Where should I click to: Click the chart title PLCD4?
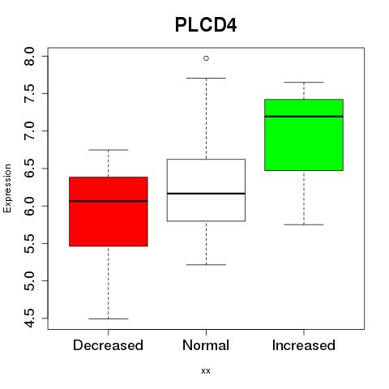[206, 25]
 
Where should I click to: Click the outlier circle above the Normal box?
[206, 58]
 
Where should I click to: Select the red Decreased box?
[109, 212]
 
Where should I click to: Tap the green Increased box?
[304, 135]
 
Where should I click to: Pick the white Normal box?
[206, 190]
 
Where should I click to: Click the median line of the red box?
[109, 201]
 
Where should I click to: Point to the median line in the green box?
[304, 117]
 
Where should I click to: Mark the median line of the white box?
[206, 194]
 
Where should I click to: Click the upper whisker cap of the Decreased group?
[109, 150]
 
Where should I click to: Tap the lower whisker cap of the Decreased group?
[109, 318]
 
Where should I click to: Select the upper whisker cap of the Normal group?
[206, 78]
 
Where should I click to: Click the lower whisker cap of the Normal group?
[206, 265]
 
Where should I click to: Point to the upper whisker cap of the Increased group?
[304, 82]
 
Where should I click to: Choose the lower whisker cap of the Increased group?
[304, 224]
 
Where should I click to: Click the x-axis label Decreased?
[108, 345]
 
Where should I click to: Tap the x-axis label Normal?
[206, 345]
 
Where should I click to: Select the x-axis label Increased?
[304, 345]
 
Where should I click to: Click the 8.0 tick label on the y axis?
[29, 56]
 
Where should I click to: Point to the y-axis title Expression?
[7, 188]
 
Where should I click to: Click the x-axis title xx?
[206, 371]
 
